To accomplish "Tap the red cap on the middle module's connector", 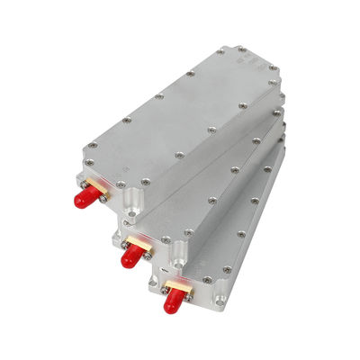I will click(128, 255).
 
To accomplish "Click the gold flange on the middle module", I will click(137, 243).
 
